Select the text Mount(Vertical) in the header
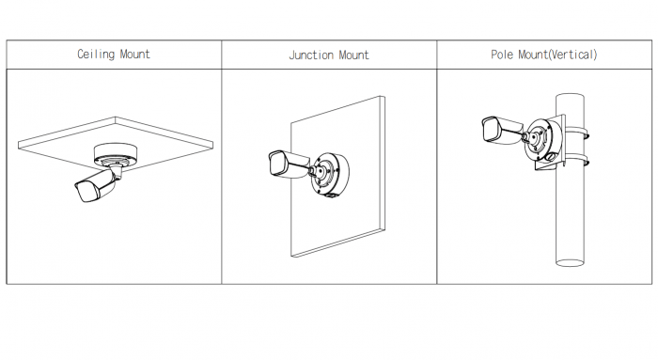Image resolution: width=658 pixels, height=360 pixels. pos(557,55)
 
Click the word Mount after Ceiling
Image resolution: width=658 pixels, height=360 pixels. pos(134,55)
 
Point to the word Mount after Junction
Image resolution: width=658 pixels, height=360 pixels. pos(353,55)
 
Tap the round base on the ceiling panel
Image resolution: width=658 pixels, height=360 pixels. pos(114,153)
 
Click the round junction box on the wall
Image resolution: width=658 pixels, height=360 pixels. pos(330,173)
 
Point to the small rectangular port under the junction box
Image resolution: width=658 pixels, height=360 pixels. pos(330,196)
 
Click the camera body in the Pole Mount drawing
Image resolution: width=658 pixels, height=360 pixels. pos(501,130)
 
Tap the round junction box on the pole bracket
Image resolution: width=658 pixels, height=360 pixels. pos(543,141)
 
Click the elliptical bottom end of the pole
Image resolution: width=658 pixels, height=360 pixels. pos(570,262)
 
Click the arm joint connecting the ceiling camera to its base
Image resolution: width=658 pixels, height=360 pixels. pos(117,171)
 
